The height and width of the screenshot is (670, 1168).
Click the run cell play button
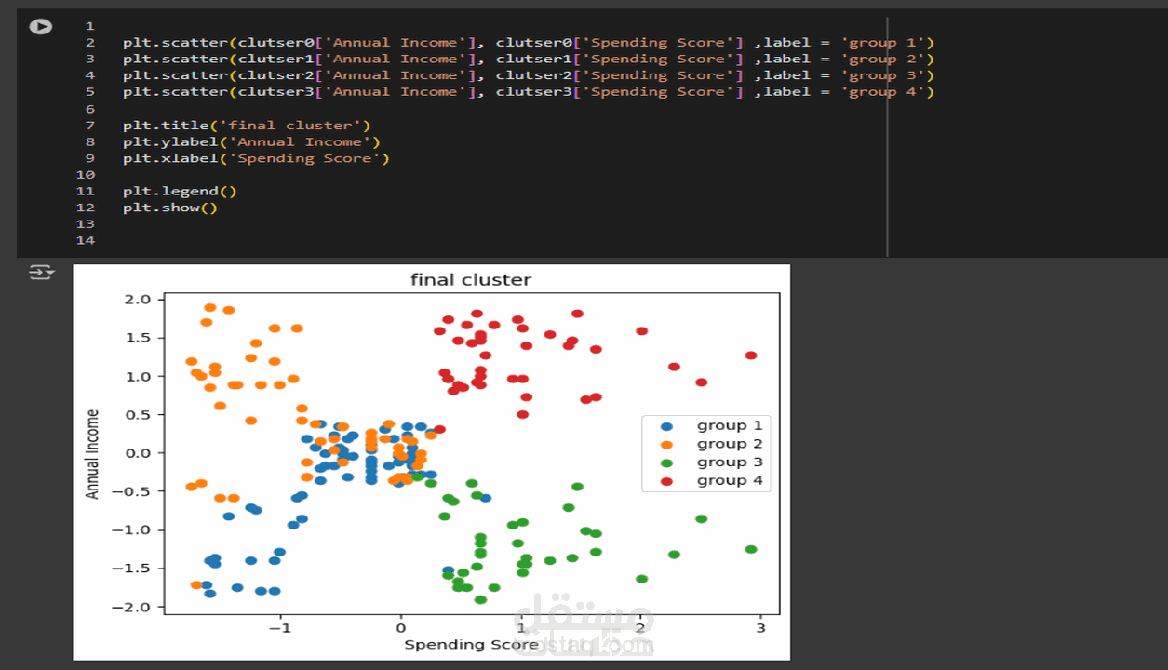[41, 26]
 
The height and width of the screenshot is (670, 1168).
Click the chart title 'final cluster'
[471, 280]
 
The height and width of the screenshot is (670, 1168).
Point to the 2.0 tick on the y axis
[138, 300]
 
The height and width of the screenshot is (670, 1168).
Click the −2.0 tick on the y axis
[131, 607]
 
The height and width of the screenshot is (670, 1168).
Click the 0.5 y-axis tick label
[138, 414]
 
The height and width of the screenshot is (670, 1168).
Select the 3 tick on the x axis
[760, 628]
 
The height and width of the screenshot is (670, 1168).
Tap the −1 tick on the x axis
[280, 628]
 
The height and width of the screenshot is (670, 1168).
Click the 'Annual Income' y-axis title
[92, 454]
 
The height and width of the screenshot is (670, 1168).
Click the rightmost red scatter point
[751, 355]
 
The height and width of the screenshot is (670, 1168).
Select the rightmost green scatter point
[751, 550]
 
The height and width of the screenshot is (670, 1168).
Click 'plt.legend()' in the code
[180, 192]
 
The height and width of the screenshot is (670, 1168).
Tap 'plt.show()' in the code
[170, 208]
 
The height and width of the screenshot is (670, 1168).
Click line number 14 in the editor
[86, 240]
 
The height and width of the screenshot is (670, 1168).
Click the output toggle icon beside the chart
[42, 272]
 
